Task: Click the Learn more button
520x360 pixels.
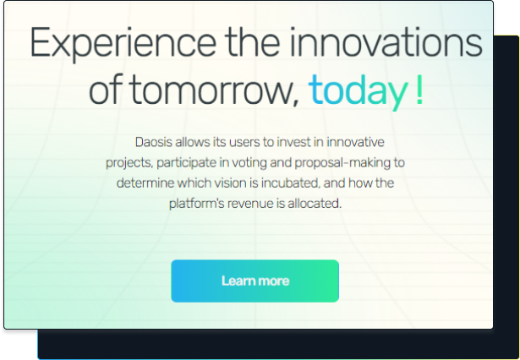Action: [255, 281]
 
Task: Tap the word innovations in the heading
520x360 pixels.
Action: [386, 42]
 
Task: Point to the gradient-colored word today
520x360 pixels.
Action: [359, 91]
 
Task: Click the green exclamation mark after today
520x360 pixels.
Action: [419, 90]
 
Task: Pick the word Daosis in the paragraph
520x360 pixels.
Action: [154, 142]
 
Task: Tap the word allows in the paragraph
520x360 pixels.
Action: [192, 142]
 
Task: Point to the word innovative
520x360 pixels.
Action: [355, 142]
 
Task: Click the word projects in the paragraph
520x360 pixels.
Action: [129, 163]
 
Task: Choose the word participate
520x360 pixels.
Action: [186, 163]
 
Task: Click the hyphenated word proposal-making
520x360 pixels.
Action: [342, 163]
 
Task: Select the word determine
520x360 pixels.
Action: [145, 183]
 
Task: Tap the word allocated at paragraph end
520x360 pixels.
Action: [315, 203]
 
